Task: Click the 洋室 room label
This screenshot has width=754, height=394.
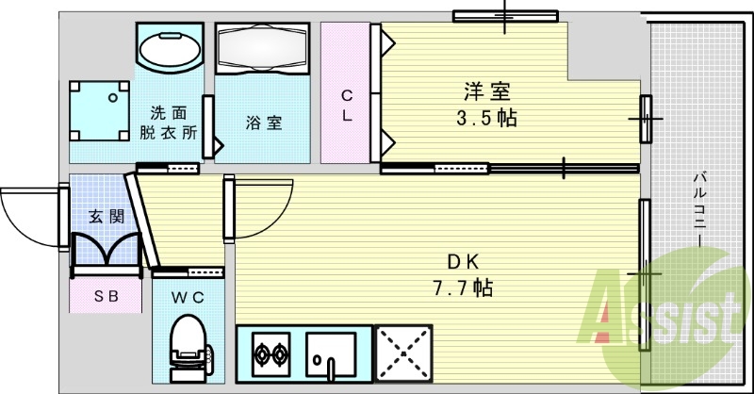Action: pos(486,92)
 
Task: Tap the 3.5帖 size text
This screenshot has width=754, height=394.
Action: pos(486,120)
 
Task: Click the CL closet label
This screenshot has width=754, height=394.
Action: pos(347,106)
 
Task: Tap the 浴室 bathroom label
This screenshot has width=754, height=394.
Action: pos(263,123)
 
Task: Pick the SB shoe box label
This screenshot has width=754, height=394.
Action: pos(106,296)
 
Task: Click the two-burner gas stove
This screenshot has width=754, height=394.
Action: pos(270,355)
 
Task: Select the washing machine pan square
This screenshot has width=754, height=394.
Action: pos(99,108)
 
